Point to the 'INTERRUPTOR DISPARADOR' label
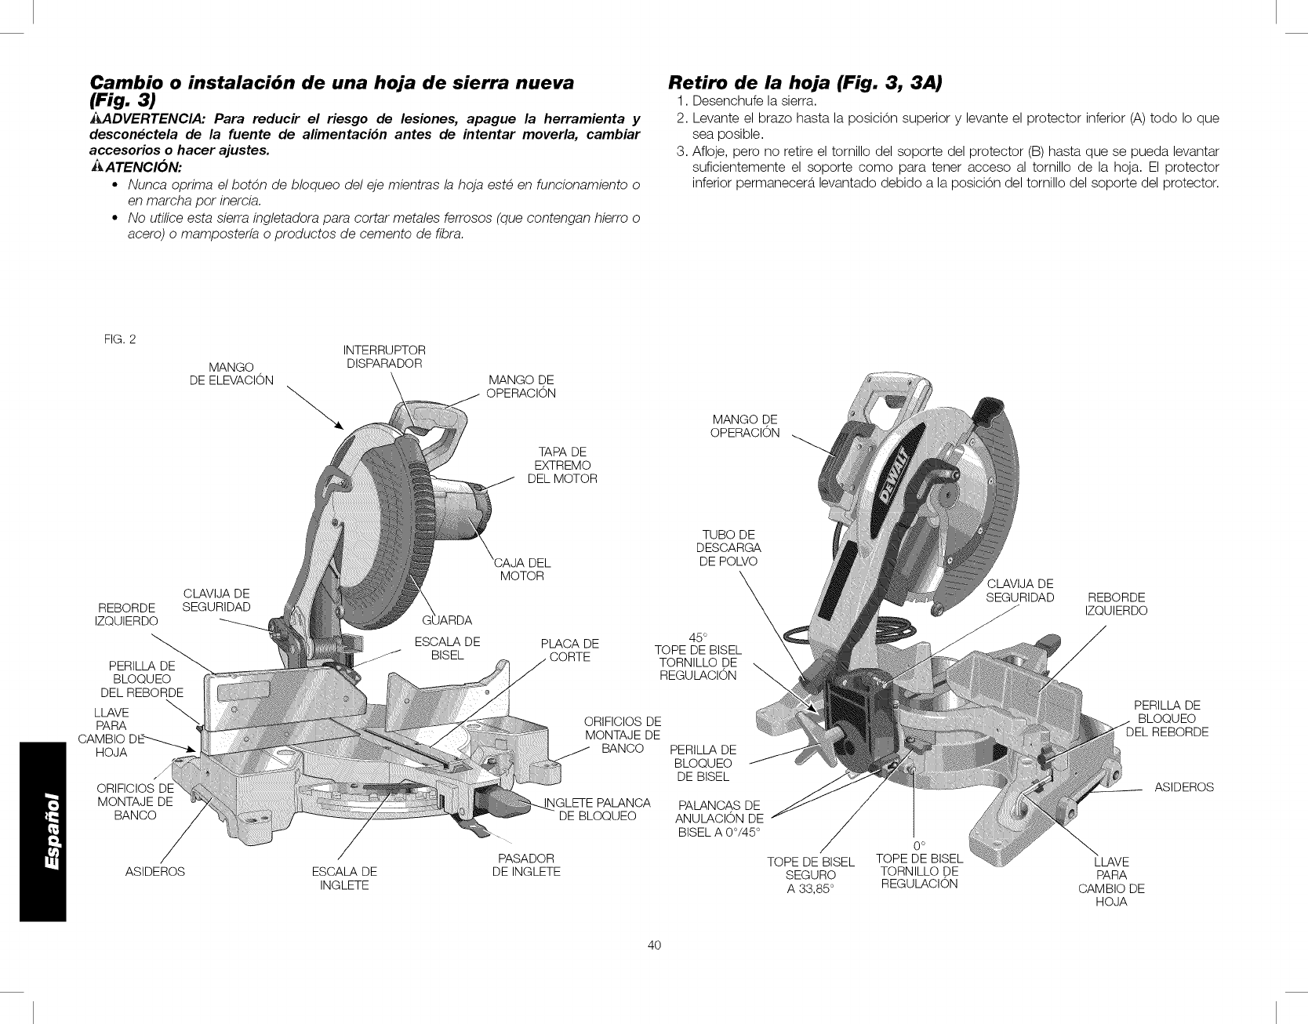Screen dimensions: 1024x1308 pyautogui.click(x=384, y=356)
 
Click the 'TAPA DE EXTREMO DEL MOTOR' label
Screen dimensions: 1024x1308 pyautogui.click(x=563, y=465)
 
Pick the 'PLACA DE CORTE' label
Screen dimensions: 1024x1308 pyautogui.click(x=569, y=650)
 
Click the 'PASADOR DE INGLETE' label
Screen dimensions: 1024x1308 pyautogui.click(x=526, y=864)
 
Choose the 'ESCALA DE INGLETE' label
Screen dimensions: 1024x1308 pyautogui.click(x=344, y=878)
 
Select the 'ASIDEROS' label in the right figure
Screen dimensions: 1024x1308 pyautogui.click(x=1183, y=786)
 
